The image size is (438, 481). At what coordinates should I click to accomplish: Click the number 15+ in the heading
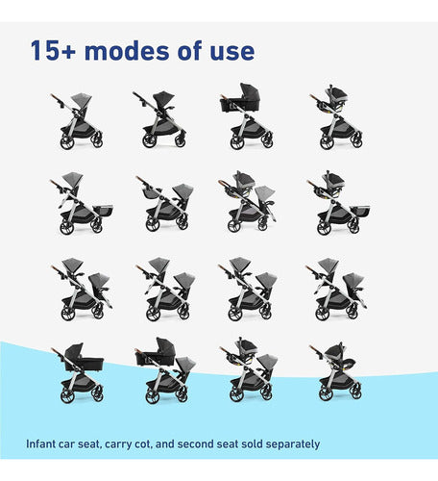(53, 51)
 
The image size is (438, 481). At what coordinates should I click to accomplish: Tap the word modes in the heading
(127, 51)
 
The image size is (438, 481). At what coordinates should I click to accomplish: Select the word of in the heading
(189, 50)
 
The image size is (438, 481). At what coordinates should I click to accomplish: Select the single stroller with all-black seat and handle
(159, 119)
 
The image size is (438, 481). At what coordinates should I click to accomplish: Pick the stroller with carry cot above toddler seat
(166, 370)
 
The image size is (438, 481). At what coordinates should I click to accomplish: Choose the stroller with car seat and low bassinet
(339, 202)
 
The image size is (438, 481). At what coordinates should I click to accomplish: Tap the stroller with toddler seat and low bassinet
(82, 203)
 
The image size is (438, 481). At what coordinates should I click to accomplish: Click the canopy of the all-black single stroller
(163, 96)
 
